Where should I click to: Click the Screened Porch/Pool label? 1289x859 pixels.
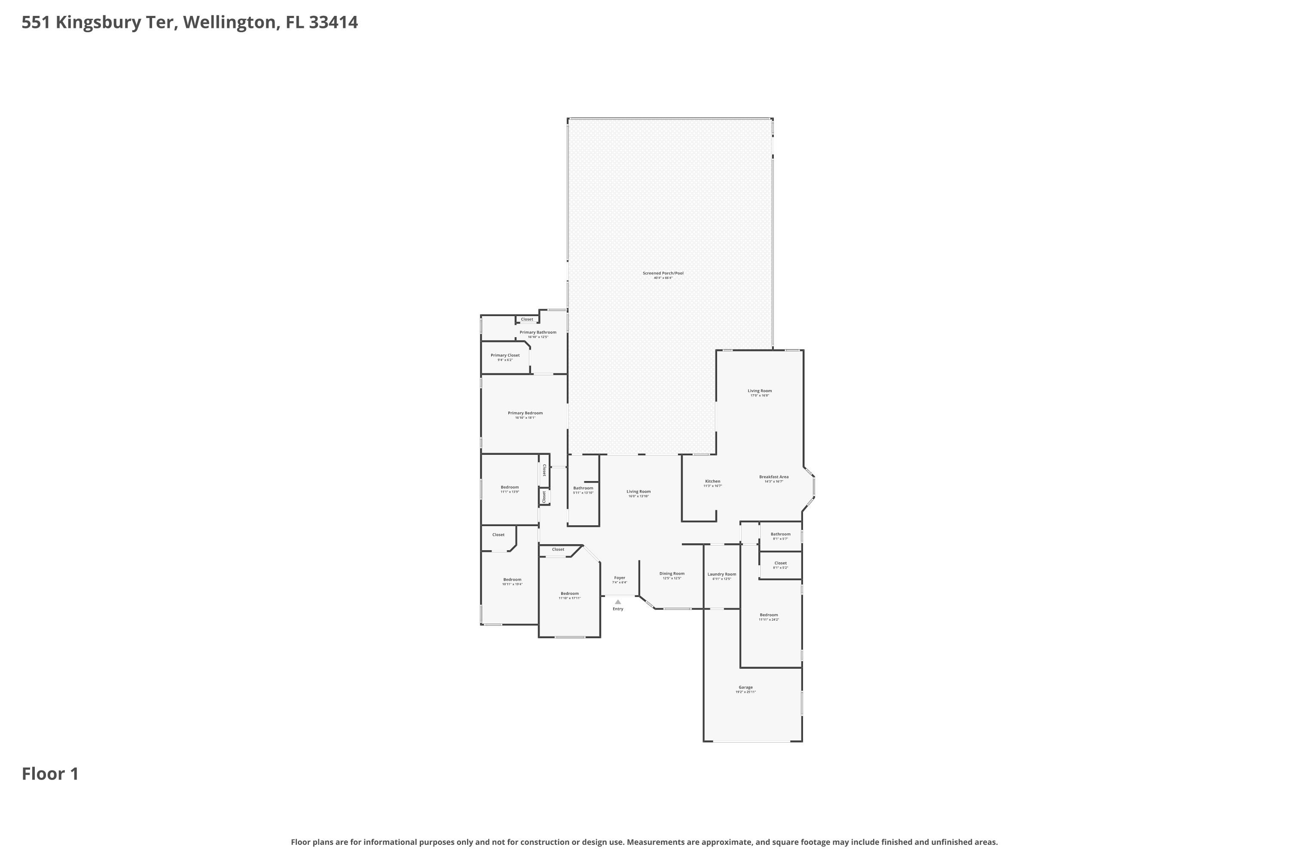[663, 273]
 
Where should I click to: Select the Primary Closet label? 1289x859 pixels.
[505, 356]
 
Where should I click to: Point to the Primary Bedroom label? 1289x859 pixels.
[525, 414]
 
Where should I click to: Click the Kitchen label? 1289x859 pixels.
[712, 481]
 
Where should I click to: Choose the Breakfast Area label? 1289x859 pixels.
[773, 477]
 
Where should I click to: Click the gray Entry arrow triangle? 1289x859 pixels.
[618, 602]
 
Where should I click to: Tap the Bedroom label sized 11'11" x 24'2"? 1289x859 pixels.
[768, 615]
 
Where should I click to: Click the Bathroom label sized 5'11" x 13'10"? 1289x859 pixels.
[583, 488]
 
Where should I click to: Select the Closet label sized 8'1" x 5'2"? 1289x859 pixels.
[780, 563]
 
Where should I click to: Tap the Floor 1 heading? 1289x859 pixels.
[50, 774]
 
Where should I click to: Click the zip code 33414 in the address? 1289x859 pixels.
[333, 22]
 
